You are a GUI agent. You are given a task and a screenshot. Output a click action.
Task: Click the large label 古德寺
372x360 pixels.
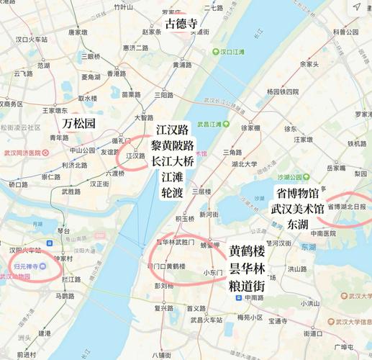click(x=181, y=23)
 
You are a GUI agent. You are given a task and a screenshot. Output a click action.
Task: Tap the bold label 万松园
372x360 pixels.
click(x=78, y=123)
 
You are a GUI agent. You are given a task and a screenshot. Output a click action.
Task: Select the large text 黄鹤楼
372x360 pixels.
click(x=247, y=252)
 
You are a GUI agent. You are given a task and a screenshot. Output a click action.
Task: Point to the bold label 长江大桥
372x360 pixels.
click(x=172, y=161)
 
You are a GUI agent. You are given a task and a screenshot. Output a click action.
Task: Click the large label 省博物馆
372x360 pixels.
click(x=296, y=193)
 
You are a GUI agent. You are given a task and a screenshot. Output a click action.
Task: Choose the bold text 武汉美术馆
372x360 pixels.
click(x=296, y=209)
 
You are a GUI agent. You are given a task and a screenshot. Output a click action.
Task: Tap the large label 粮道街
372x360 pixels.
click(x=247, y=286)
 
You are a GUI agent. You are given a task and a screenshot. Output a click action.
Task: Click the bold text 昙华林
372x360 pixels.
click(x=247, y=269)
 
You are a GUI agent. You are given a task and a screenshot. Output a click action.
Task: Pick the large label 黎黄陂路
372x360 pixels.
click(x=172, y=145)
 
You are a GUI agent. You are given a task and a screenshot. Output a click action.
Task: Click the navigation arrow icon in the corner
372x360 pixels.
click(x=357, y=7)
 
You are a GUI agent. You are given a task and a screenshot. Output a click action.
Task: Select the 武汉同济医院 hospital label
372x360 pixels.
click(x=24, y=153)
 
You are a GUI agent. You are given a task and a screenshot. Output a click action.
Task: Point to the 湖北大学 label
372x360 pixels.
click(x=245, y=163)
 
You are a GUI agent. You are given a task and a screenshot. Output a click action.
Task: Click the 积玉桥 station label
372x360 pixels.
click(x=184, y=217)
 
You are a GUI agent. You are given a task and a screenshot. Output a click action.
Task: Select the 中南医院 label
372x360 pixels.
click(x=323, y=233)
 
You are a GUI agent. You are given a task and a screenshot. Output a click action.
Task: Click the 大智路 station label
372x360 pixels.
click(x=144, y=117)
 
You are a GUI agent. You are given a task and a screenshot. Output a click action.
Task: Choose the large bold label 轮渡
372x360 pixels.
click(x=172, y=193)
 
